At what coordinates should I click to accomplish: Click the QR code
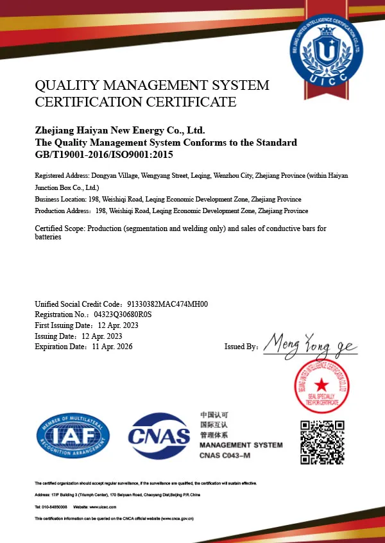tap(323, 442)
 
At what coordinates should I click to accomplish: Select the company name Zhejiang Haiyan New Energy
tap(119, 130)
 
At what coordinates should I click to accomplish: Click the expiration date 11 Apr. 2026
tap(112, 347)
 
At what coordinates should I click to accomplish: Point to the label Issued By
tap(241, 347)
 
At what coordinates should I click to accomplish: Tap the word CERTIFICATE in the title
tap(192, 101)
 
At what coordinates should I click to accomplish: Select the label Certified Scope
tap(60, 228)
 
